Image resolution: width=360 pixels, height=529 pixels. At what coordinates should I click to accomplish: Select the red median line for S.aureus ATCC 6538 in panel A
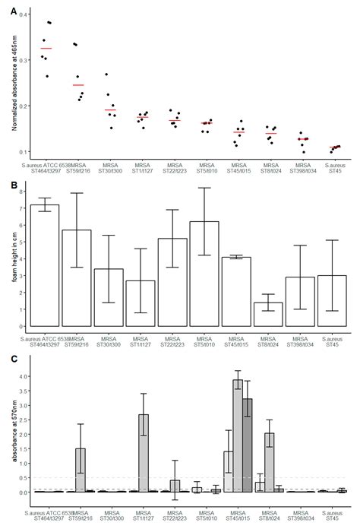46,49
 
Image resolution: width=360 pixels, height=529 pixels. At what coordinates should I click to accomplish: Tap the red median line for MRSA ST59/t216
78,85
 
